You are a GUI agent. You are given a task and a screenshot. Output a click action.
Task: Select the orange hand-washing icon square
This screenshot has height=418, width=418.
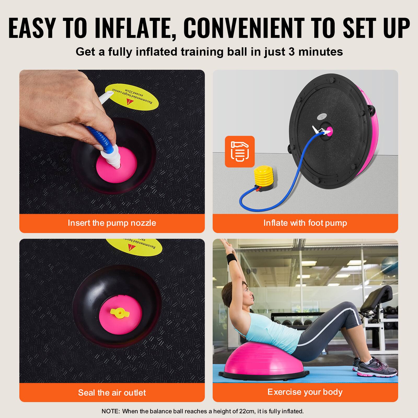tap(240, 152)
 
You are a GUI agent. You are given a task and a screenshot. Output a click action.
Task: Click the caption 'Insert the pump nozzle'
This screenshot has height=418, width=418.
tap(112, 223)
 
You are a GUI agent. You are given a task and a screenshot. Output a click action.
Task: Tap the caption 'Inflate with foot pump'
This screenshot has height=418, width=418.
tap(305, 223)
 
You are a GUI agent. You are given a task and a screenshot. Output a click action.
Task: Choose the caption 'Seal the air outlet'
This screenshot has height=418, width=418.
tap(112, 392)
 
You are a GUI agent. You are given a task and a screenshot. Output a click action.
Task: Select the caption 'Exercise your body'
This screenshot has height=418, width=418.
tap(305, 392)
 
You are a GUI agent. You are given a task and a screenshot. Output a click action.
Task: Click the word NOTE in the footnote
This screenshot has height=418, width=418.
tap(110, 411)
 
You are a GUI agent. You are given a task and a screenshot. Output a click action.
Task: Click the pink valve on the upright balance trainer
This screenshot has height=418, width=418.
tap(329, 130)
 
